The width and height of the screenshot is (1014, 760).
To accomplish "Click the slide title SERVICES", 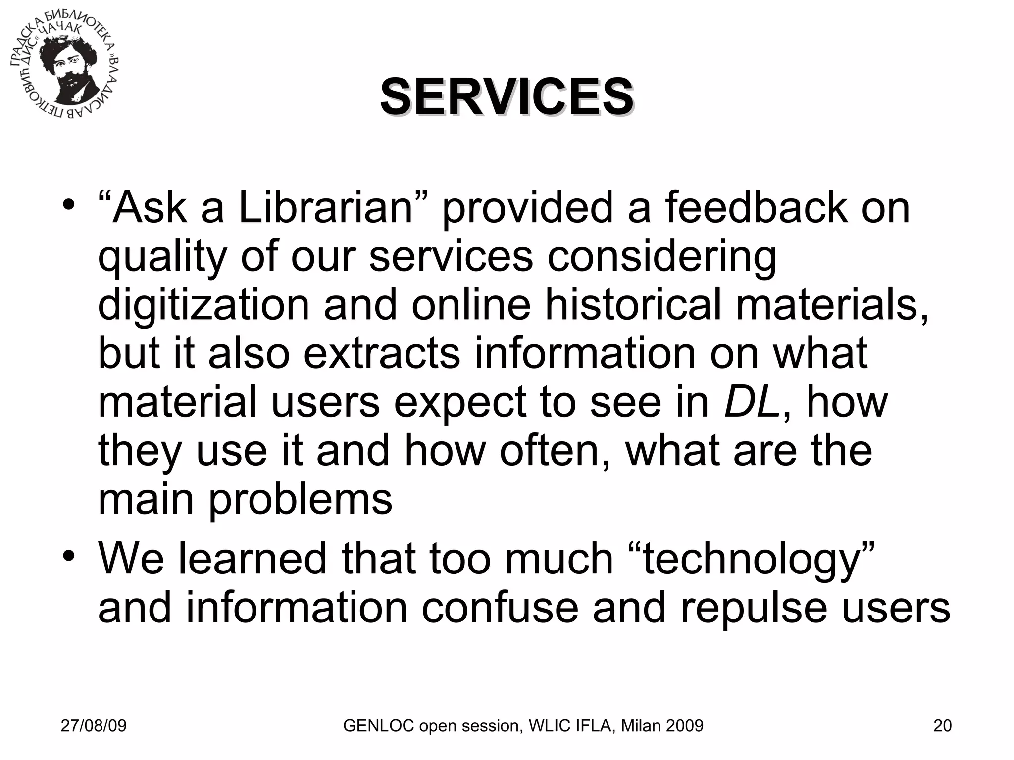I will [507, 96].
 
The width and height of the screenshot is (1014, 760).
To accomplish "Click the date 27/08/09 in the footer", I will [94, 726].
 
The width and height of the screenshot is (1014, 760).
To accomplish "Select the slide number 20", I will [942, 726].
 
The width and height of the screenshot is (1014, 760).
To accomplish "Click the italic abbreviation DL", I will [752, 403].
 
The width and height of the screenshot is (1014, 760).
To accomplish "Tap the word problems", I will [300, 500].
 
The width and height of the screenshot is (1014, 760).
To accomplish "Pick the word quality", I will [162, 258].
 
